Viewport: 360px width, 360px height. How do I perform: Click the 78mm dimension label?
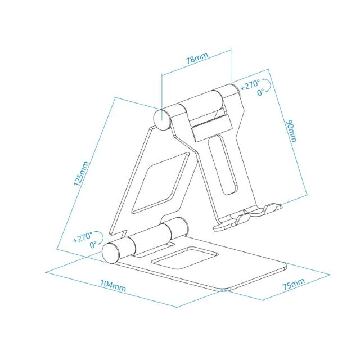(196, 58)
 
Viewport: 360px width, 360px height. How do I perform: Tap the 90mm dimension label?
(291, 131)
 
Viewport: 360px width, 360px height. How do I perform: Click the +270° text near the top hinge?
(250, 86)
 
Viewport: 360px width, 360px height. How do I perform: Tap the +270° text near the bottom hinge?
(84, 237)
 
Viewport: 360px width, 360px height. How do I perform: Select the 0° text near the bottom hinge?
(92, 245)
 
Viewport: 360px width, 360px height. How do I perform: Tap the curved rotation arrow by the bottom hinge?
(102, 238)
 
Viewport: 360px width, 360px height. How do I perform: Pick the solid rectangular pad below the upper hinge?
(210, 128)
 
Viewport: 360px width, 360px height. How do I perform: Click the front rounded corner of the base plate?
(221, 289)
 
